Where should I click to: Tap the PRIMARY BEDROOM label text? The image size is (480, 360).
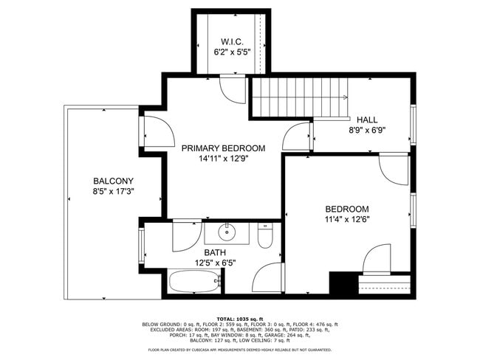pyautogui.click(x=223, y=148)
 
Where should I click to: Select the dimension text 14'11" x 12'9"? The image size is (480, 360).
pyautogui.click(x=223, y=159)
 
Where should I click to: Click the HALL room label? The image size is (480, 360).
pyautogui.click(x=366, y=120)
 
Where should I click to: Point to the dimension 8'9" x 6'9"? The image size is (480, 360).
pyautogui.click(x=366, y=130)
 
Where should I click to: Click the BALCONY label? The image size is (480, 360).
pyautogui.click(x=113, y=181)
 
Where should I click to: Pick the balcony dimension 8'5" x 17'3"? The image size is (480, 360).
pyautogui.click(x=113, y=191)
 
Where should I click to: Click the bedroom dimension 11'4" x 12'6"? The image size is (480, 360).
pyautogui.click(x=347, y=219)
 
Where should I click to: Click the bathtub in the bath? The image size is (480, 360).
pyautogui.click(x=194, y=281)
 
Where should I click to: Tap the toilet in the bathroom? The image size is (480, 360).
pyautogui.click(x=265, y=235)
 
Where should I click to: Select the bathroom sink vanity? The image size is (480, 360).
pyautogui.click(x=227, y=233)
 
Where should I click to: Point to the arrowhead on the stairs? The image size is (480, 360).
pyautogui.click(x=344, y=97)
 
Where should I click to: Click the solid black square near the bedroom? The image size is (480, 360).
pyautogui.click(x=342, y=283)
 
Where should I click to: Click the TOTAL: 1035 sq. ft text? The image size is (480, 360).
pyautogui.click(x=239, y=318)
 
